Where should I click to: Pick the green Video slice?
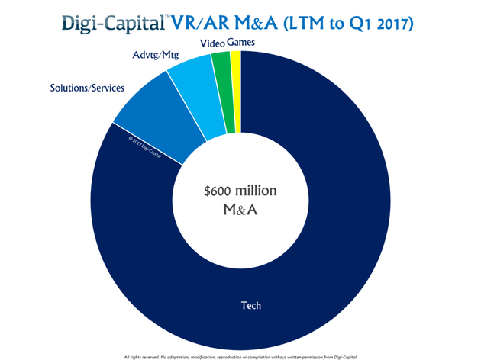tap(221, 63)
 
